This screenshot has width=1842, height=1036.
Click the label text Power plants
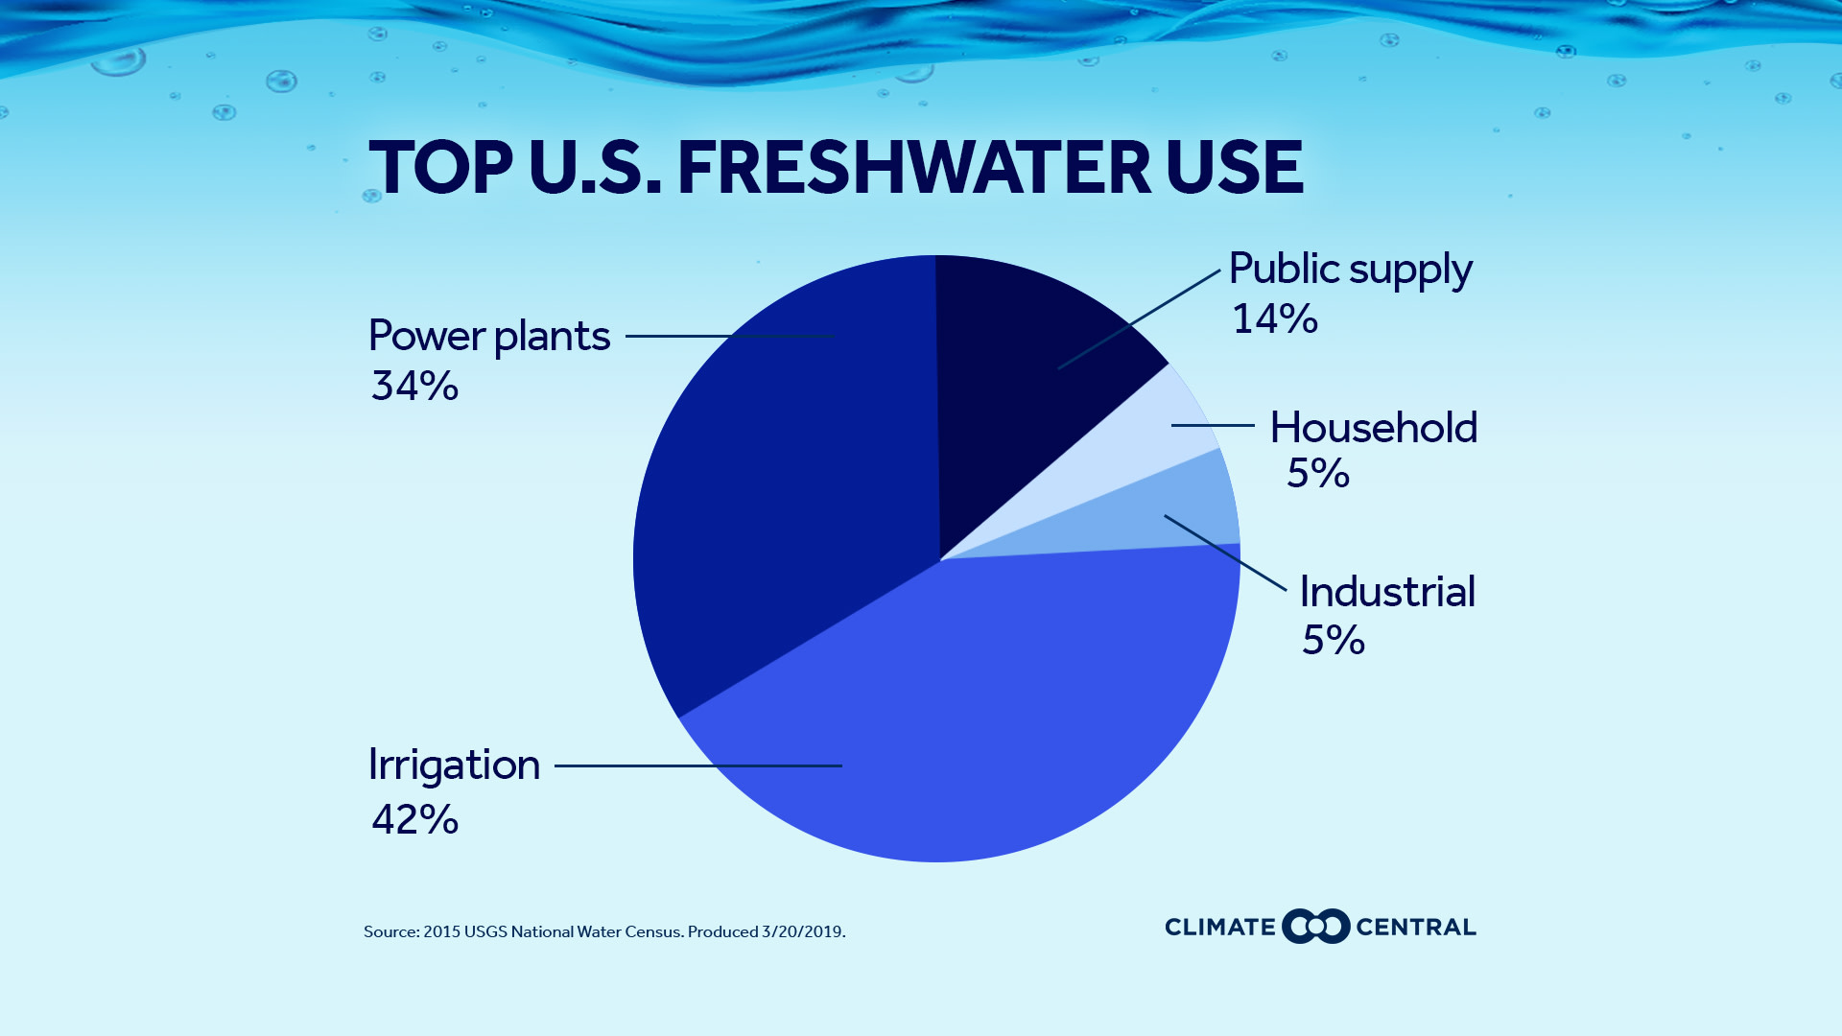(x=489, y=337)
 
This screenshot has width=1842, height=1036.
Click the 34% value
(x=414, y=387)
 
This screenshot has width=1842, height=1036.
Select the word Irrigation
(x=454, y=765)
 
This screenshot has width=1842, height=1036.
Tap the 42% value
(x=414, y=820)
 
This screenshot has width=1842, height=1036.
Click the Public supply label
(x=1350, y=270)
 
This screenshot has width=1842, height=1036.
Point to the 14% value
(x=1274, y=319)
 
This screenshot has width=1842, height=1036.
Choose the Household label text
(x=1373, y=428)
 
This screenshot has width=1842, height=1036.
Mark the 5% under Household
(x=1317, y=474)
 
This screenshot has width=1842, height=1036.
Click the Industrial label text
(x=1386, y=592)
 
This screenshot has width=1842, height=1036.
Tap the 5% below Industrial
(x=1333, y=641)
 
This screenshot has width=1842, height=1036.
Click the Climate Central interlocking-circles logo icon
(x=1315, y=927)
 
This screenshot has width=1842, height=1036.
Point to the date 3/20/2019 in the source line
(x=802, y=932)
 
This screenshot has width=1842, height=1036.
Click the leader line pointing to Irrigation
(x=697, y=765)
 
